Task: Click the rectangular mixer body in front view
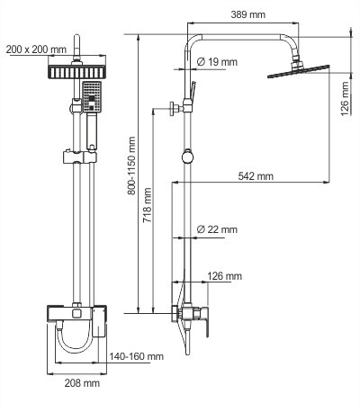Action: [x=75, y=315]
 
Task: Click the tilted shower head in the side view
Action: [x=298, y=71]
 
